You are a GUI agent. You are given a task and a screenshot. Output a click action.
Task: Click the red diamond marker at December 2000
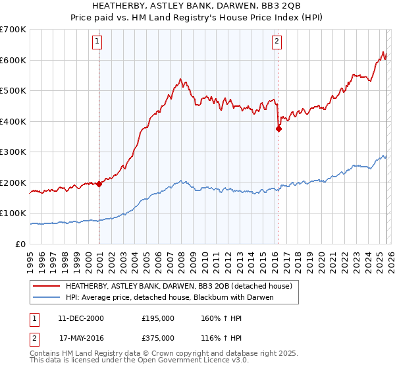tap(99, 184)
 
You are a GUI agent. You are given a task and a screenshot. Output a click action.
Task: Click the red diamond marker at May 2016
tap(278, 129)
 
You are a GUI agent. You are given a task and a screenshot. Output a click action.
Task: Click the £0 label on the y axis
tap(20, 244)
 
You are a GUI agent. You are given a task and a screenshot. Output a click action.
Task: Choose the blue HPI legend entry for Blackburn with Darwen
tap(169, 298)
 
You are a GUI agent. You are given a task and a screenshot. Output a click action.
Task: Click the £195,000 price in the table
tap(158, 318)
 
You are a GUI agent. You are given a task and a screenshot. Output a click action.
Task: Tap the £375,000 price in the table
tap(158, 338)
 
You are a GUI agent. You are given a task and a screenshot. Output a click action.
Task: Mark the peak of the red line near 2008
tap(179, 80)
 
